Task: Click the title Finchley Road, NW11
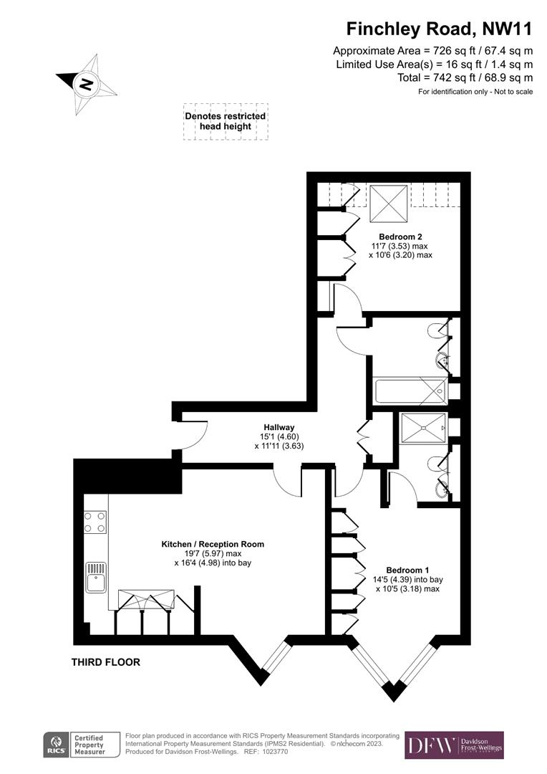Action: (439, 29)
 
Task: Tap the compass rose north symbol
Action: (87, 84)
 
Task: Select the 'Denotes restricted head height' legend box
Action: (226, 121)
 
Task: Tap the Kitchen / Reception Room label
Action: (213, 544)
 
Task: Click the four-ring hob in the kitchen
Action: (96, 521)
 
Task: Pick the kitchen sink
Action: (96, 577)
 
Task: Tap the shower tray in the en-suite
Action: (425, 428)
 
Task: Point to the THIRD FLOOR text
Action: (105, 662)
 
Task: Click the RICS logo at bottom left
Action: (56, 746)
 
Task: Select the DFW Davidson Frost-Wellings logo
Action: (454, 745)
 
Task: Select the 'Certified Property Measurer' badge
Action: (89, 746)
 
